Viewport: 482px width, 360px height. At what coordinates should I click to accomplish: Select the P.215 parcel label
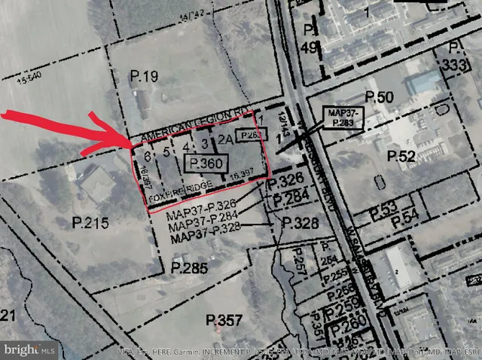[x=90, y=223]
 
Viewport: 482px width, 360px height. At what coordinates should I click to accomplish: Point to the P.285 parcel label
[x=188, y=267]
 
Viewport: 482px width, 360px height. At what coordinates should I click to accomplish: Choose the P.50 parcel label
[x=380, y=97]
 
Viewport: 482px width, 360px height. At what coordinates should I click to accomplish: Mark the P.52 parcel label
[x=401, y=156]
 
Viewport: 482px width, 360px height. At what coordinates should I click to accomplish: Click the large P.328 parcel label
[x=300, y=224]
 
